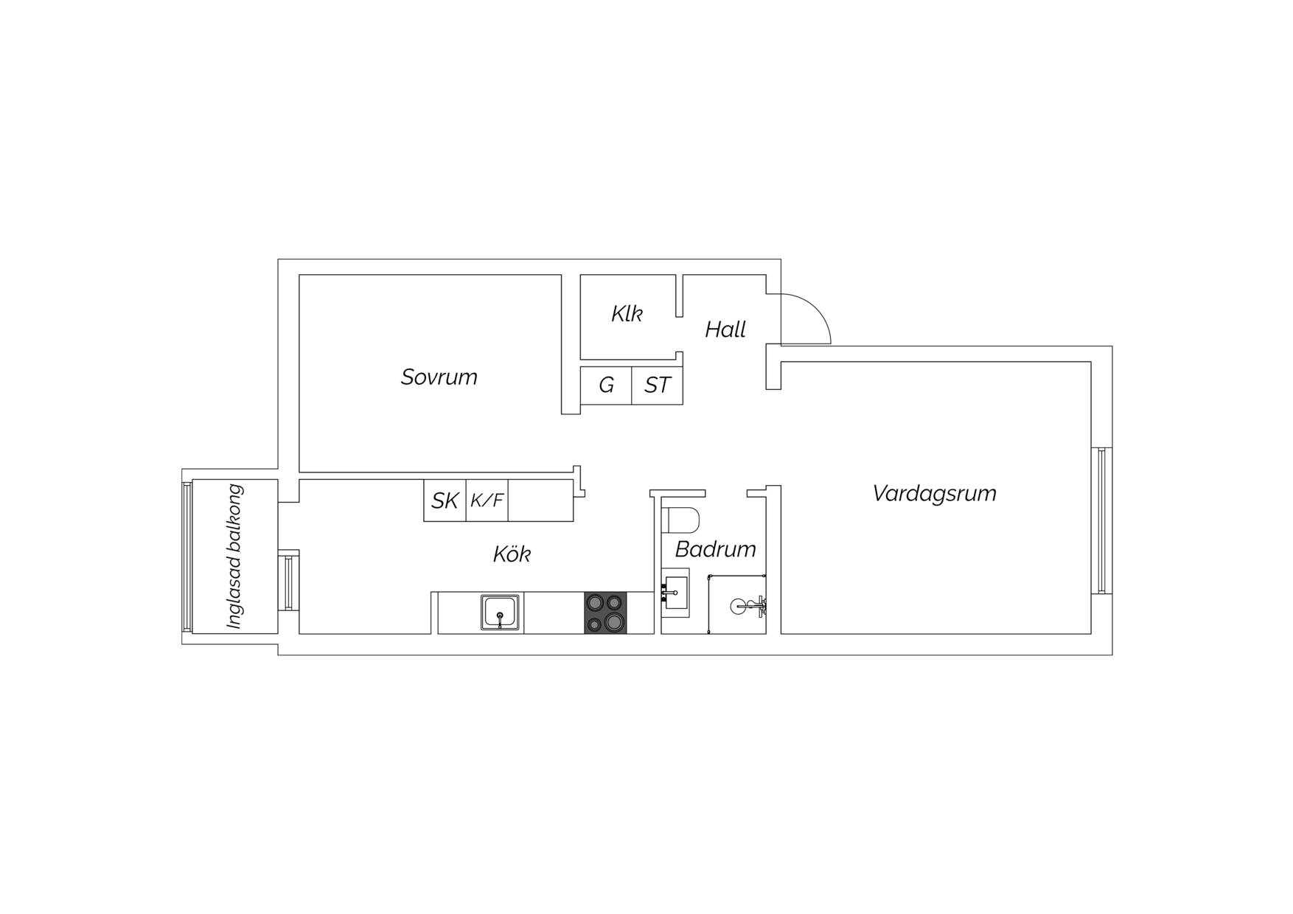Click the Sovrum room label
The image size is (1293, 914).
click(439, 377)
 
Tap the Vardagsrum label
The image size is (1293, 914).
click(934, 493)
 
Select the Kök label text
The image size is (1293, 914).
click(512, 554)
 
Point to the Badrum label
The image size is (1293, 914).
click(715, 549)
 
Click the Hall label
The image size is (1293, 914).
click(725, 329)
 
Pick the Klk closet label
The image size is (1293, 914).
click(627, 314)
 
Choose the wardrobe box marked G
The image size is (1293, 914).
click(606, 386)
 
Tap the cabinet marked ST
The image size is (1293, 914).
click(658, 386)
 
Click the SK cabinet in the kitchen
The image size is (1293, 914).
click(445, 500)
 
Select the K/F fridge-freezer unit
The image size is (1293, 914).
click(487, 500)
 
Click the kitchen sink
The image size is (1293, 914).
click(501, 613)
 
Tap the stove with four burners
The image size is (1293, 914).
click(605, 613)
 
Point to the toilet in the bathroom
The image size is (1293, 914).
click(680, 519)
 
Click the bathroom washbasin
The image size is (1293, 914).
click(675, 593)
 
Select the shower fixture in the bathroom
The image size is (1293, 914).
click(749, 607)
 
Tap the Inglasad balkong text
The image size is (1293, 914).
click(235, 557)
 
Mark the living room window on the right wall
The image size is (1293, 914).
click(1101, 520)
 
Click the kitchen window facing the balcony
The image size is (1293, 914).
click(288, 582)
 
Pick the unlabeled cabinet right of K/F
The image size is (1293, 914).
click(541, 500)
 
